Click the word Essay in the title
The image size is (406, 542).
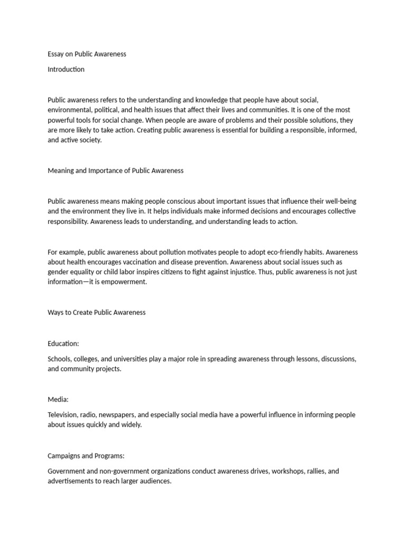point(56,54)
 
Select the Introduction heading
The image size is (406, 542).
point(66,69)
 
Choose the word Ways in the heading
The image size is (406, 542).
point(56,312)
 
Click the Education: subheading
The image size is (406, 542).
point(63,344)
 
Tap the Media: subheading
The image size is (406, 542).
point(58,400)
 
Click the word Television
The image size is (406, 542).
point(64,415)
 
